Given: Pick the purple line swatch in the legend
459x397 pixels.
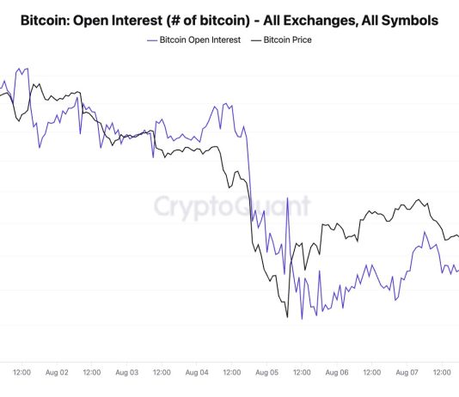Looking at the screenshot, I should coord(152,40).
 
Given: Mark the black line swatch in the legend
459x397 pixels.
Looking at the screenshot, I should coord(255,40).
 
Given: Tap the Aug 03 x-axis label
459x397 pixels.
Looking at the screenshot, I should coord(126,372).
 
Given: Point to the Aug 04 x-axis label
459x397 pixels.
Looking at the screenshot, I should coord(196,372).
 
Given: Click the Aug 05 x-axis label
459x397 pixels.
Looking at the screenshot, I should coord(266,372).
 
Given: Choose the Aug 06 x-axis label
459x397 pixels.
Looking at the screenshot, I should coord(336,372).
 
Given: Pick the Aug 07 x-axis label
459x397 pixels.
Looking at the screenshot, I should coord(407,372).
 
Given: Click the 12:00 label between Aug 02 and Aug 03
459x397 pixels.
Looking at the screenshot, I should coord(91,372).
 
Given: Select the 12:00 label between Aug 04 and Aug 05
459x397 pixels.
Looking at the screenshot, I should coord(231,372).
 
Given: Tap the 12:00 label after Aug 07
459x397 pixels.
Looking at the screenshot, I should coord(442,372).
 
